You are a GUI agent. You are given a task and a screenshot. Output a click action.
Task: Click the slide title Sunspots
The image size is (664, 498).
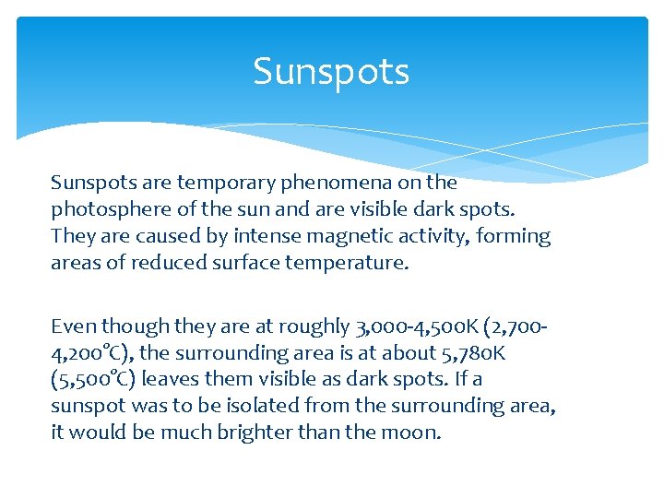tap(331, 71)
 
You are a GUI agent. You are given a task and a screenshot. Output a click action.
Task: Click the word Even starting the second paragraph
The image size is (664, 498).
tap(73, 326)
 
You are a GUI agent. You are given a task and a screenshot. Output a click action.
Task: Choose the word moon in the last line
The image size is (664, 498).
tap(414, 433)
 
